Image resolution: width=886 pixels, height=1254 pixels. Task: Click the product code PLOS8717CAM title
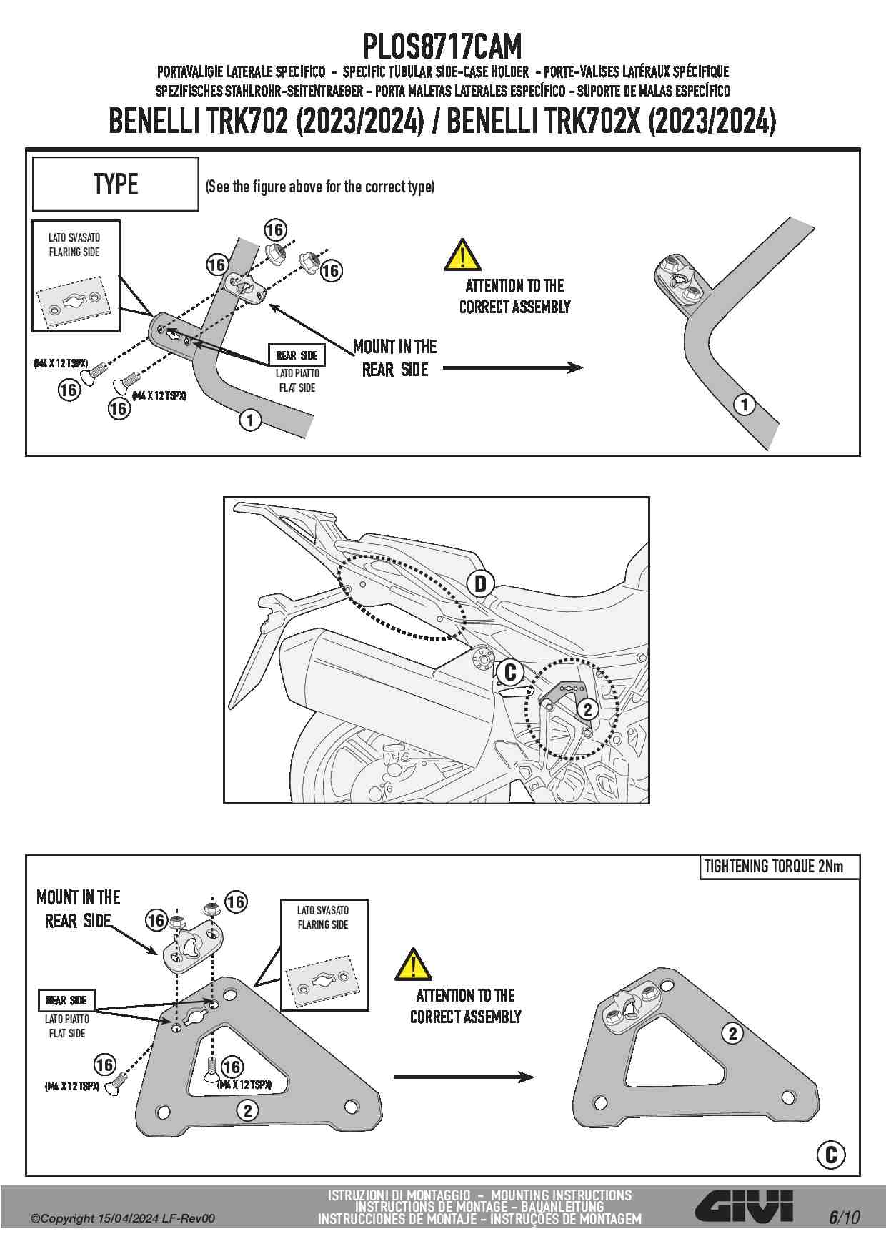442,47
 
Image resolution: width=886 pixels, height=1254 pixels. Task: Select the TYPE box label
115,184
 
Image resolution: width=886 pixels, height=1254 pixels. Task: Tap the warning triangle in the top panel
462,255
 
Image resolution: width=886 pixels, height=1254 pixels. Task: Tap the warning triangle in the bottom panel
413,964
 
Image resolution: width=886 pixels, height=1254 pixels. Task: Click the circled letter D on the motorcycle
480,584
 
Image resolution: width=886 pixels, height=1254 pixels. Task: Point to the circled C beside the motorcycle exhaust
510,673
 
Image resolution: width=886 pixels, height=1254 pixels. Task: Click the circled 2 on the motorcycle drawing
587,709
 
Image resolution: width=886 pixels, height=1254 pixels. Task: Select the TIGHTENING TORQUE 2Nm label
773,867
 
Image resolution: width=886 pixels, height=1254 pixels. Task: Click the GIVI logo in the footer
744,1208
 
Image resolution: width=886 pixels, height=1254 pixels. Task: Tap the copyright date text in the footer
122,1218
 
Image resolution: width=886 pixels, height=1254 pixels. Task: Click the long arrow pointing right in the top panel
512,367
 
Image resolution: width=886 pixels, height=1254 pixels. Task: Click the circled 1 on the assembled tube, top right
745,405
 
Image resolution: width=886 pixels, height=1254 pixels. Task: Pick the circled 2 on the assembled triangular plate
732,1033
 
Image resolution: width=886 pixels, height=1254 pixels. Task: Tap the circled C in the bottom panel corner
830,1155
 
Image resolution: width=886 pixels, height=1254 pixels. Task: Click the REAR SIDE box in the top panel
297,355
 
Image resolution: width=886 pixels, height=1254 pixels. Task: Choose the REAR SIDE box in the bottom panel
66,1000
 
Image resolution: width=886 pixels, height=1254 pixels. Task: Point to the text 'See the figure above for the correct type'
320,187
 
